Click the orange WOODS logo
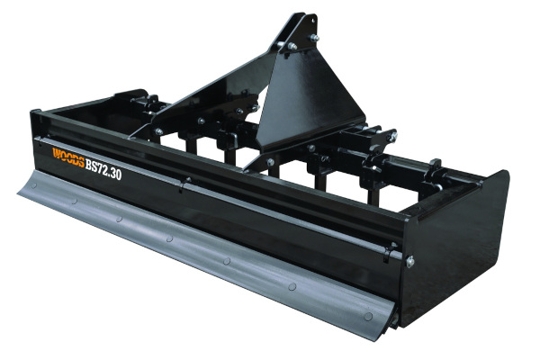point(68,157)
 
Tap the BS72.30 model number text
point(103,169)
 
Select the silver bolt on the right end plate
point(409,262)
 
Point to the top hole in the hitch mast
point(313,21)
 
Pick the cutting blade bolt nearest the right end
point(368,316)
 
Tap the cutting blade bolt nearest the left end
point(34,185)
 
